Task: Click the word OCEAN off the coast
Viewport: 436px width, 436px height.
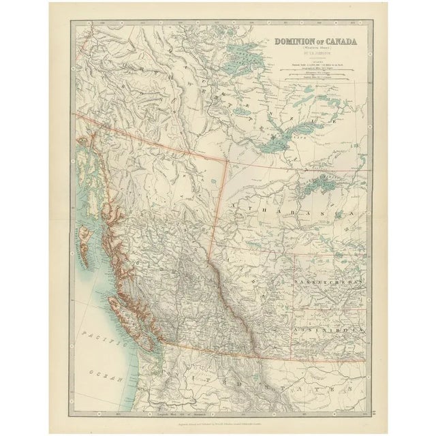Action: (x=109, y=373)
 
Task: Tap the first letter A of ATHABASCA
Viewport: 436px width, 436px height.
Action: (x=234, y=204)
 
